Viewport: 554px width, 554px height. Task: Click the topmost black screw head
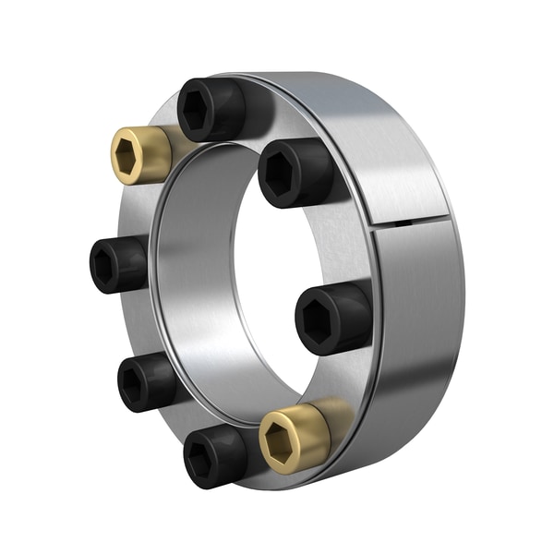[211, 109]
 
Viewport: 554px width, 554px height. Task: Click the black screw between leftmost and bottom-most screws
[146, 382]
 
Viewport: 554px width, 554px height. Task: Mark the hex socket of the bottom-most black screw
[202, 460]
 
